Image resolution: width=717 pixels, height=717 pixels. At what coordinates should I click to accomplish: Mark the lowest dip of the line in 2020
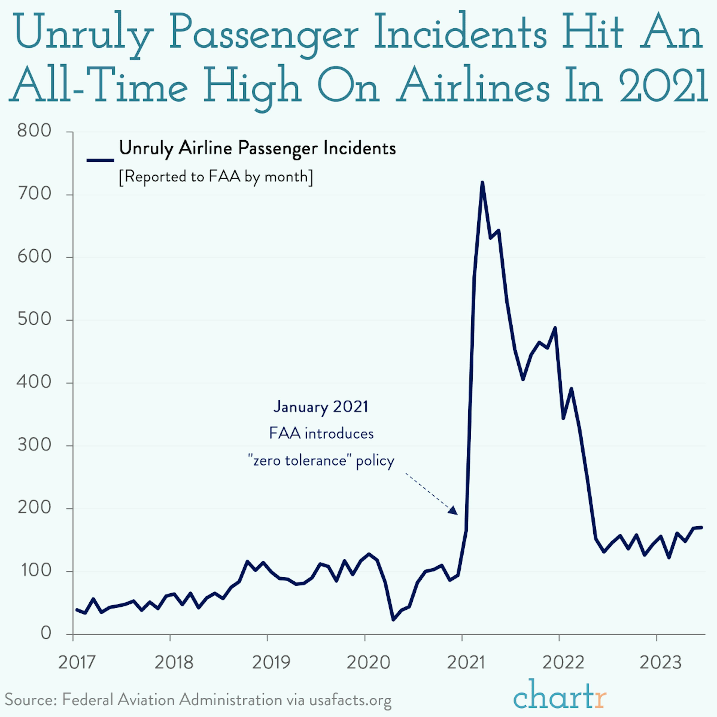coord(393,619)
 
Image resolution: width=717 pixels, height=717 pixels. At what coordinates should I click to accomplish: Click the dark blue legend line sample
coord(100,160)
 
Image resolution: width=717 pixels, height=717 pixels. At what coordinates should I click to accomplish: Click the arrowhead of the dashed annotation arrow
coord(454,511)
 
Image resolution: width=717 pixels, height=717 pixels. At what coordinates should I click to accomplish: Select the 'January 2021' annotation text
coord(321,407)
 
